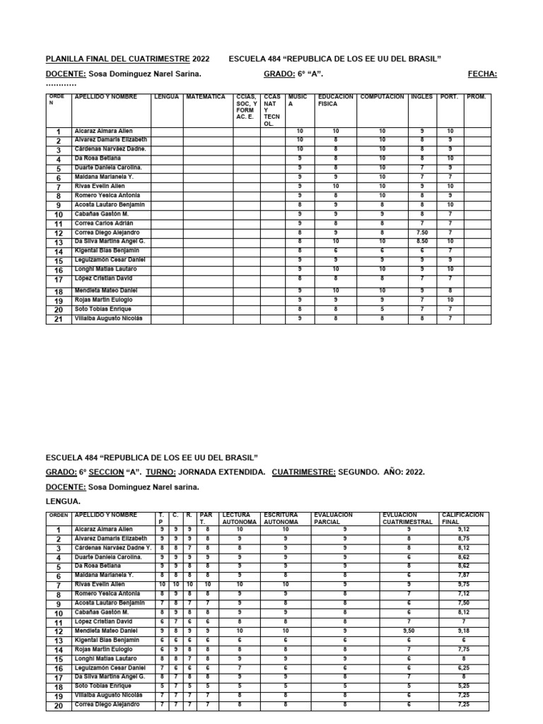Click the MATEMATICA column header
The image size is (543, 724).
click(x=205, y=97)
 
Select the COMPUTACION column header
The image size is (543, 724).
click(x=382, y=97)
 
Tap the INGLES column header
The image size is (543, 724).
click(x=421, y=97)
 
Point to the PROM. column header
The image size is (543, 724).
click(x=476, y=97)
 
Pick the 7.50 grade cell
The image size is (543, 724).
click(x=421, y=233)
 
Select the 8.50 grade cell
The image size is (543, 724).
click(x=421, y=242)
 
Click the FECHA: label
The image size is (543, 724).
click(x=482, y=74)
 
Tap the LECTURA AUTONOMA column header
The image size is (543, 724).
click(x=239, y=518)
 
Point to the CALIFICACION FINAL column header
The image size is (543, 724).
click(x=463, y=518)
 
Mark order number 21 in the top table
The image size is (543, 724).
click(x=59, y=319)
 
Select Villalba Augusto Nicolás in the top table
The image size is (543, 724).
click(x=108, y=318)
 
